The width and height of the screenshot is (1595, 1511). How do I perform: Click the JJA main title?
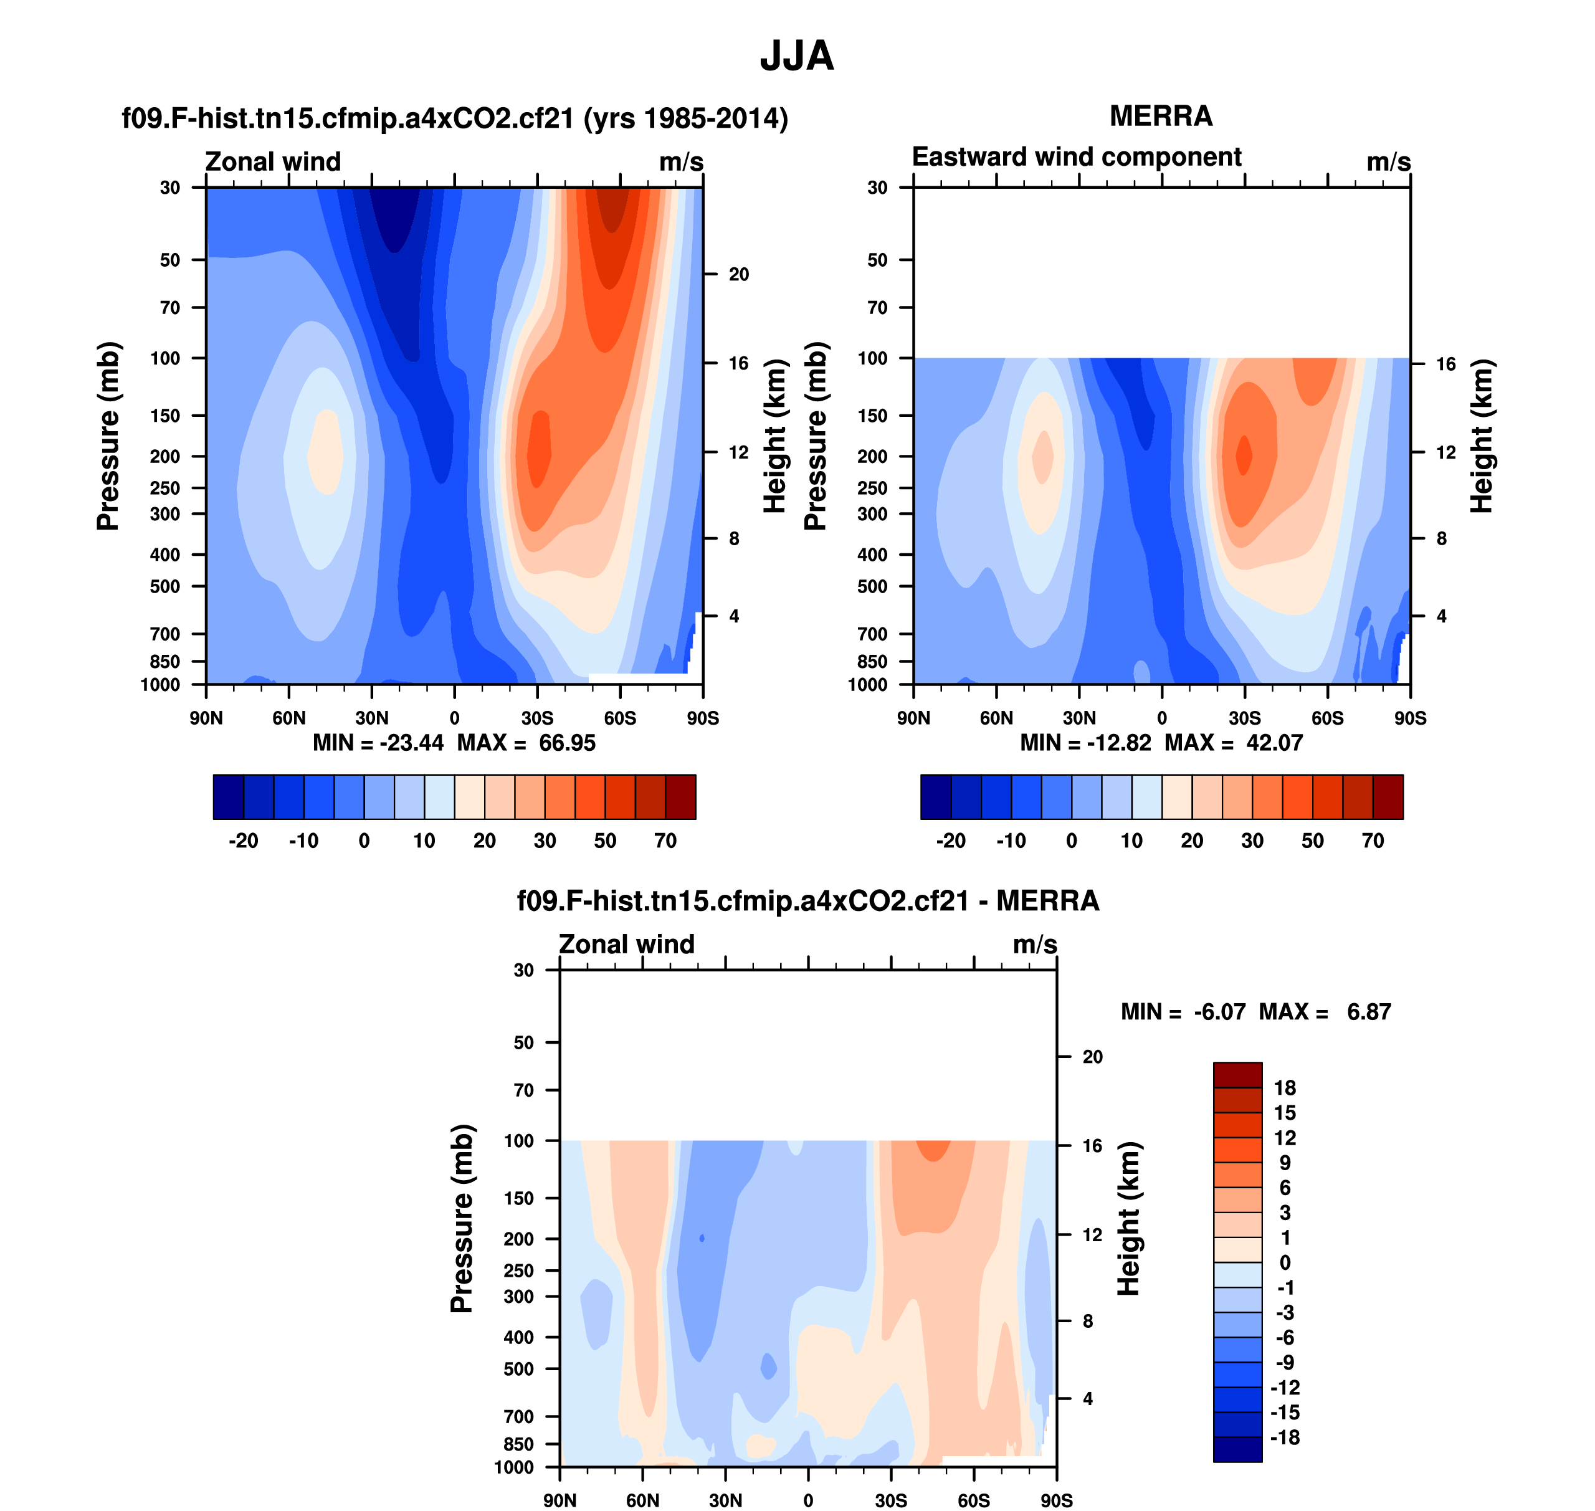coord(797,56)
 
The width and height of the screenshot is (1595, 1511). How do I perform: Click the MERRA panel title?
coord(1161,116)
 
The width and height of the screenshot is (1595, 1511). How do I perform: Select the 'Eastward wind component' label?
coord(1076,156)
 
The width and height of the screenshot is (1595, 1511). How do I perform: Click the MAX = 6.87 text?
coord(1325,1012)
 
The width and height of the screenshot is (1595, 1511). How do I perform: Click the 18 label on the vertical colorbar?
coord(1284,1088)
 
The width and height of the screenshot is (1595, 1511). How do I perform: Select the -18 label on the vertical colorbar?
coord(1284,1437)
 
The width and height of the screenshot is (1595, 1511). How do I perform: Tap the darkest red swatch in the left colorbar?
coord(681,796)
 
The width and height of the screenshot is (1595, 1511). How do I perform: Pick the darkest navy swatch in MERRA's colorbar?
coord(935,796)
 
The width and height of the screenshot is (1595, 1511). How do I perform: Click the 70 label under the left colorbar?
coord(665,841)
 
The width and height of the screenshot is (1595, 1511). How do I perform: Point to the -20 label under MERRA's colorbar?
coord(951,841)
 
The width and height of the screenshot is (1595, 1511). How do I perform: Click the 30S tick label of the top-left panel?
coord(537,718)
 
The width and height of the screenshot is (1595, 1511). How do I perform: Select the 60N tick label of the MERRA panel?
coord(996,718)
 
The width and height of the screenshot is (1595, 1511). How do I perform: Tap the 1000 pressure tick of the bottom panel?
coord(514,1467)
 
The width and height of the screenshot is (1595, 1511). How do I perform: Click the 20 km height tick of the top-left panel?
coord(739,275)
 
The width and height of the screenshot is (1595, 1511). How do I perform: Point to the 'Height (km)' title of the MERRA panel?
coord(1482,436)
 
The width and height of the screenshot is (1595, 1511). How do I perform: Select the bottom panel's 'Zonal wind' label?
coord(626,944)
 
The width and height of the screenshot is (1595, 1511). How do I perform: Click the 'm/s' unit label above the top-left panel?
coord(681,162)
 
